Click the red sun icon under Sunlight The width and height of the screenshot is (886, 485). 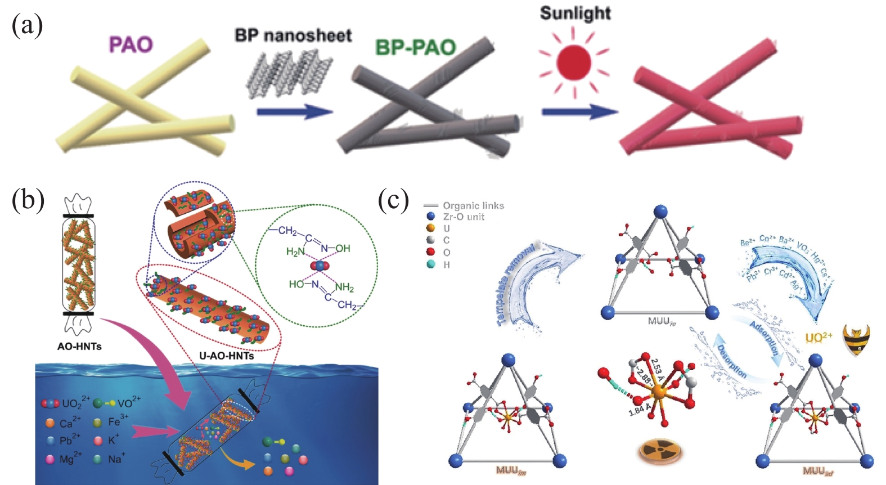coord(573,62)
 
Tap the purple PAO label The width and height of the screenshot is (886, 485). coord(131,44)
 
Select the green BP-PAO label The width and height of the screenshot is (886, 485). coord(415,47)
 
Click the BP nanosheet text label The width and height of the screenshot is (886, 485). coord(293,35)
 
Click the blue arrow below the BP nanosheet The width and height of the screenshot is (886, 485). coord(294,111)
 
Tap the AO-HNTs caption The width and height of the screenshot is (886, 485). coord(79,347)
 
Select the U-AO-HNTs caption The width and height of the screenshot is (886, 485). coord(226,356)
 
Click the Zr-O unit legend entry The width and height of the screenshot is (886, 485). coord(463,217)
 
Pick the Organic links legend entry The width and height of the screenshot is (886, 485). coord(473,205)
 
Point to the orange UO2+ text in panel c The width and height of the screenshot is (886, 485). coord(818,338)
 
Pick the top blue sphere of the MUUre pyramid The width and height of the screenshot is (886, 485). coord(660,213)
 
